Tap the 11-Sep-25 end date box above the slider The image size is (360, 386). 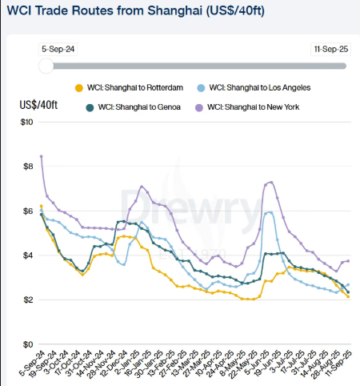(331, 49)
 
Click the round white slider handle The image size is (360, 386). (47, 66)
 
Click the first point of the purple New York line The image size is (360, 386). (41, 156)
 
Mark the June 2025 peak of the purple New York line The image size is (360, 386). (271, 182)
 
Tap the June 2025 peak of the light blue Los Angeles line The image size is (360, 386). (270, 212)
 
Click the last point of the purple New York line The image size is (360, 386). (347, 261)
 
